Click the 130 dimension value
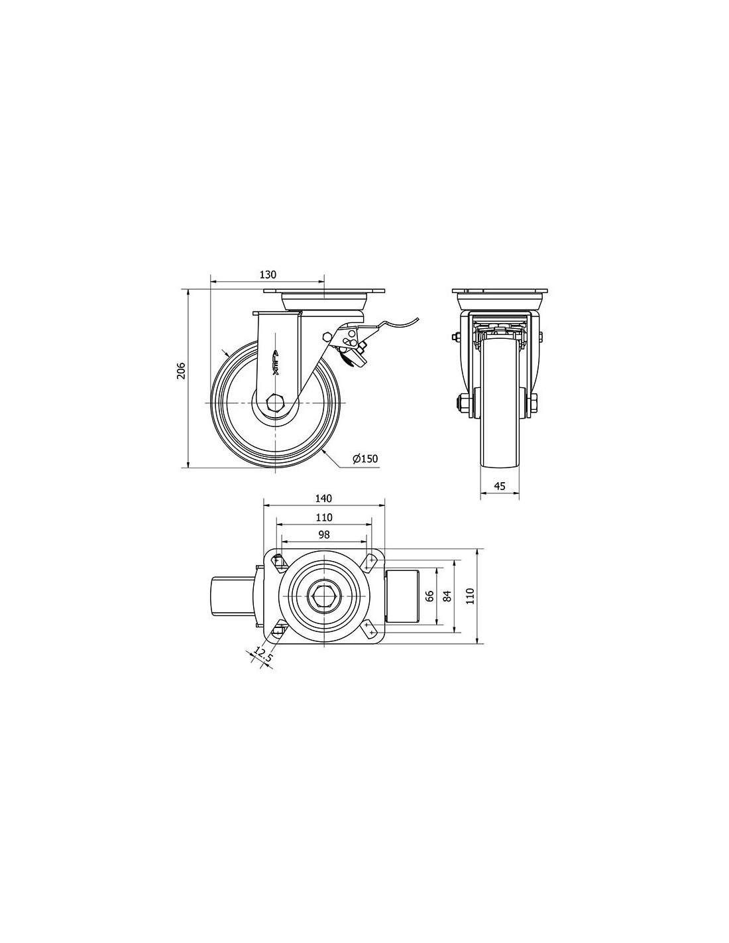click(x=268, y=275)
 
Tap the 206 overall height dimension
click(x=181, y=370)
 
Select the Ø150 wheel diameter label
click(x=365, y=459)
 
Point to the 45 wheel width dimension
click(x=500, y=486)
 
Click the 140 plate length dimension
click(x=323, y=499)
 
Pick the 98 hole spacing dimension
click(x=323, y=534)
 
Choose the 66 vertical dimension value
click(x=429, y=596)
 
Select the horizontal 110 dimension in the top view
click(x=323, y=517)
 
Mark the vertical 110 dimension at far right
click(x=471, y=596)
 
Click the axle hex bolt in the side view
click(x=275, y=403)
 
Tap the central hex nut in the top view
click(x=320, y=596)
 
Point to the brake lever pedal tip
click(x=418, y=319)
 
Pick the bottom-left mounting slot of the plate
click(x=277, y=629)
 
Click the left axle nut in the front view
click(x=465, y=403)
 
